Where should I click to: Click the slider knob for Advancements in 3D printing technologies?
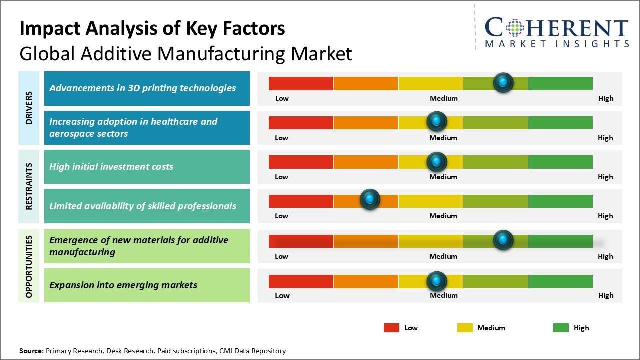tap(503, 82)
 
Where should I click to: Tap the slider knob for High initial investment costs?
tap(436, 162)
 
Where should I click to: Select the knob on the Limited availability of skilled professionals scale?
tap(370, 199)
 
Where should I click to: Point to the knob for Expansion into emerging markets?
tap(436, 281)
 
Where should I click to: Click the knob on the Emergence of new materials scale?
tap(503, 240)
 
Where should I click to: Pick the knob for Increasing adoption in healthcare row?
tap(436, 121)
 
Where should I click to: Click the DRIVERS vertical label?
tap(29, 108)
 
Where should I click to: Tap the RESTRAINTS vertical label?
tap(29, 186)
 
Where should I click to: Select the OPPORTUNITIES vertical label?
tap(29, 266)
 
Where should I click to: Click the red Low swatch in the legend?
tap(391, 328)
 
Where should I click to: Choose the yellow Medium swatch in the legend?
tap(465, 328)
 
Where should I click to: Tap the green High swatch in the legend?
tap(561, 328)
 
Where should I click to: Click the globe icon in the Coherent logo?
tap(514, 27)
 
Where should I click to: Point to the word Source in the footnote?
tap(31, 351)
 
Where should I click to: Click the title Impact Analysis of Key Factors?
tap(152, 28)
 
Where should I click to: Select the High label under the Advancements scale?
tap(605, 98)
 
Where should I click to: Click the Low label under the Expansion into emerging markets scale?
tap(282, 295)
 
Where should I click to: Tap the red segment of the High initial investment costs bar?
tap(301, 162)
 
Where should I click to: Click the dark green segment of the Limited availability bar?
tap(560, 201)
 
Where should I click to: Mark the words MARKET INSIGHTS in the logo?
tap(557, 44)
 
